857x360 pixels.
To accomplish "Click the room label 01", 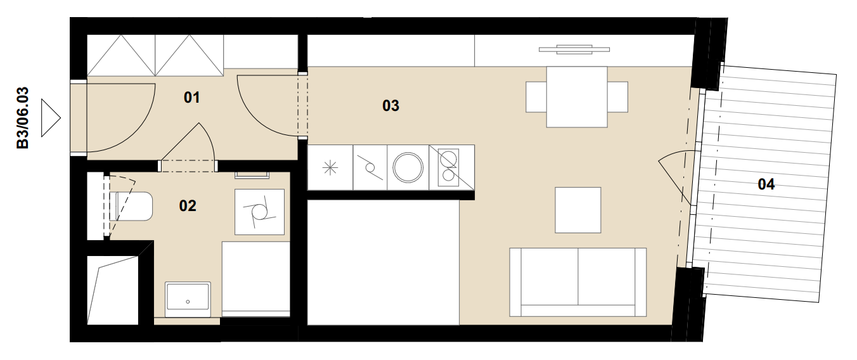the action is tap(191, 98).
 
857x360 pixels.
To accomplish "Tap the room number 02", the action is tap(188, 206).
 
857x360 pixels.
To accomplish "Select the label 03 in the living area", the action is tap(390, 106).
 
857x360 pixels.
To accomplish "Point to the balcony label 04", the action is tap(766, 184).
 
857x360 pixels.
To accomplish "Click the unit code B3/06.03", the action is tap(23, 118).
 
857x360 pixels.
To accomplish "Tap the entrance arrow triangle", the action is tap(51, 118).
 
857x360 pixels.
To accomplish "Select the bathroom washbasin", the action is tap(188, 300).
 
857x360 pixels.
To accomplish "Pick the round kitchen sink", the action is tap(408, 167).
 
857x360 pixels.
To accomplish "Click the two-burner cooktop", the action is tap(448, 167).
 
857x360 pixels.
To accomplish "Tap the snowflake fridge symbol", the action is tap(330, 168).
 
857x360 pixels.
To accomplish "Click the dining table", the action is tap(577, 97).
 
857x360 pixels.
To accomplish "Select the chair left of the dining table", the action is tap(536, 97).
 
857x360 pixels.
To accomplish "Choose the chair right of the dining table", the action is tap(617, 97).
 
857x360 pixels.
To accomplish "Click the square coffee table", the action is tap(577, 210).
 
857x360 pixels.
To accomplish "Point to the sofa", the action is tap(577, 282).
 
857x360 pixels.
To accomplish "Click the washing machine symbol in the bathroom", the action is tap(259, 212).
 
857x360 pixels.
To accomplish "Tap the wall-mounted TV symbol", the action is tap(574, 49).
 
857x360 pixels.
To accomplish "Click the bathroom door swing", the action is tap(207, 139).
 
